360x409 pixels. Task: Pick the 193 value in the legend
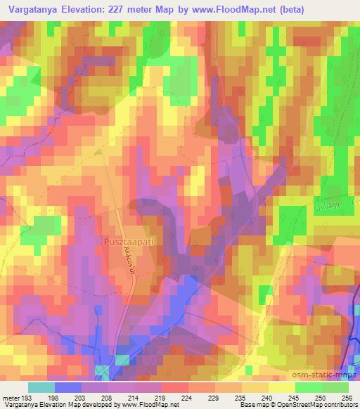27,397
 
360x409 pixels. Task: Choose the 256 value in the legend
346,397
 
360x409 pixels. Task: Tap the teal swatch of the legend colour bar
41,387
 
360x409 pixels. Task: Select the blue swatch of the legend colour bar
68,387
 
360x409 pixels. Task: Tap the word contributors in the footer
339,405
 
